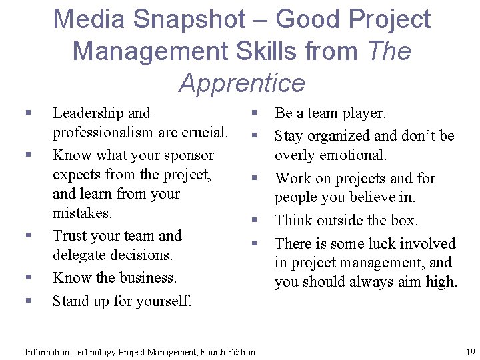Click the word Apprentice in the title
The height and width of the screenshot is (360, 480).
(x=241, y=83)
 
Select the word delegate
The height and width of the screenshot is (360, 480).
(x=79, y=255)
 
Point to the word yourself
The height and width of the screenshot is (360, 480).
(x=165, y=301)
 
